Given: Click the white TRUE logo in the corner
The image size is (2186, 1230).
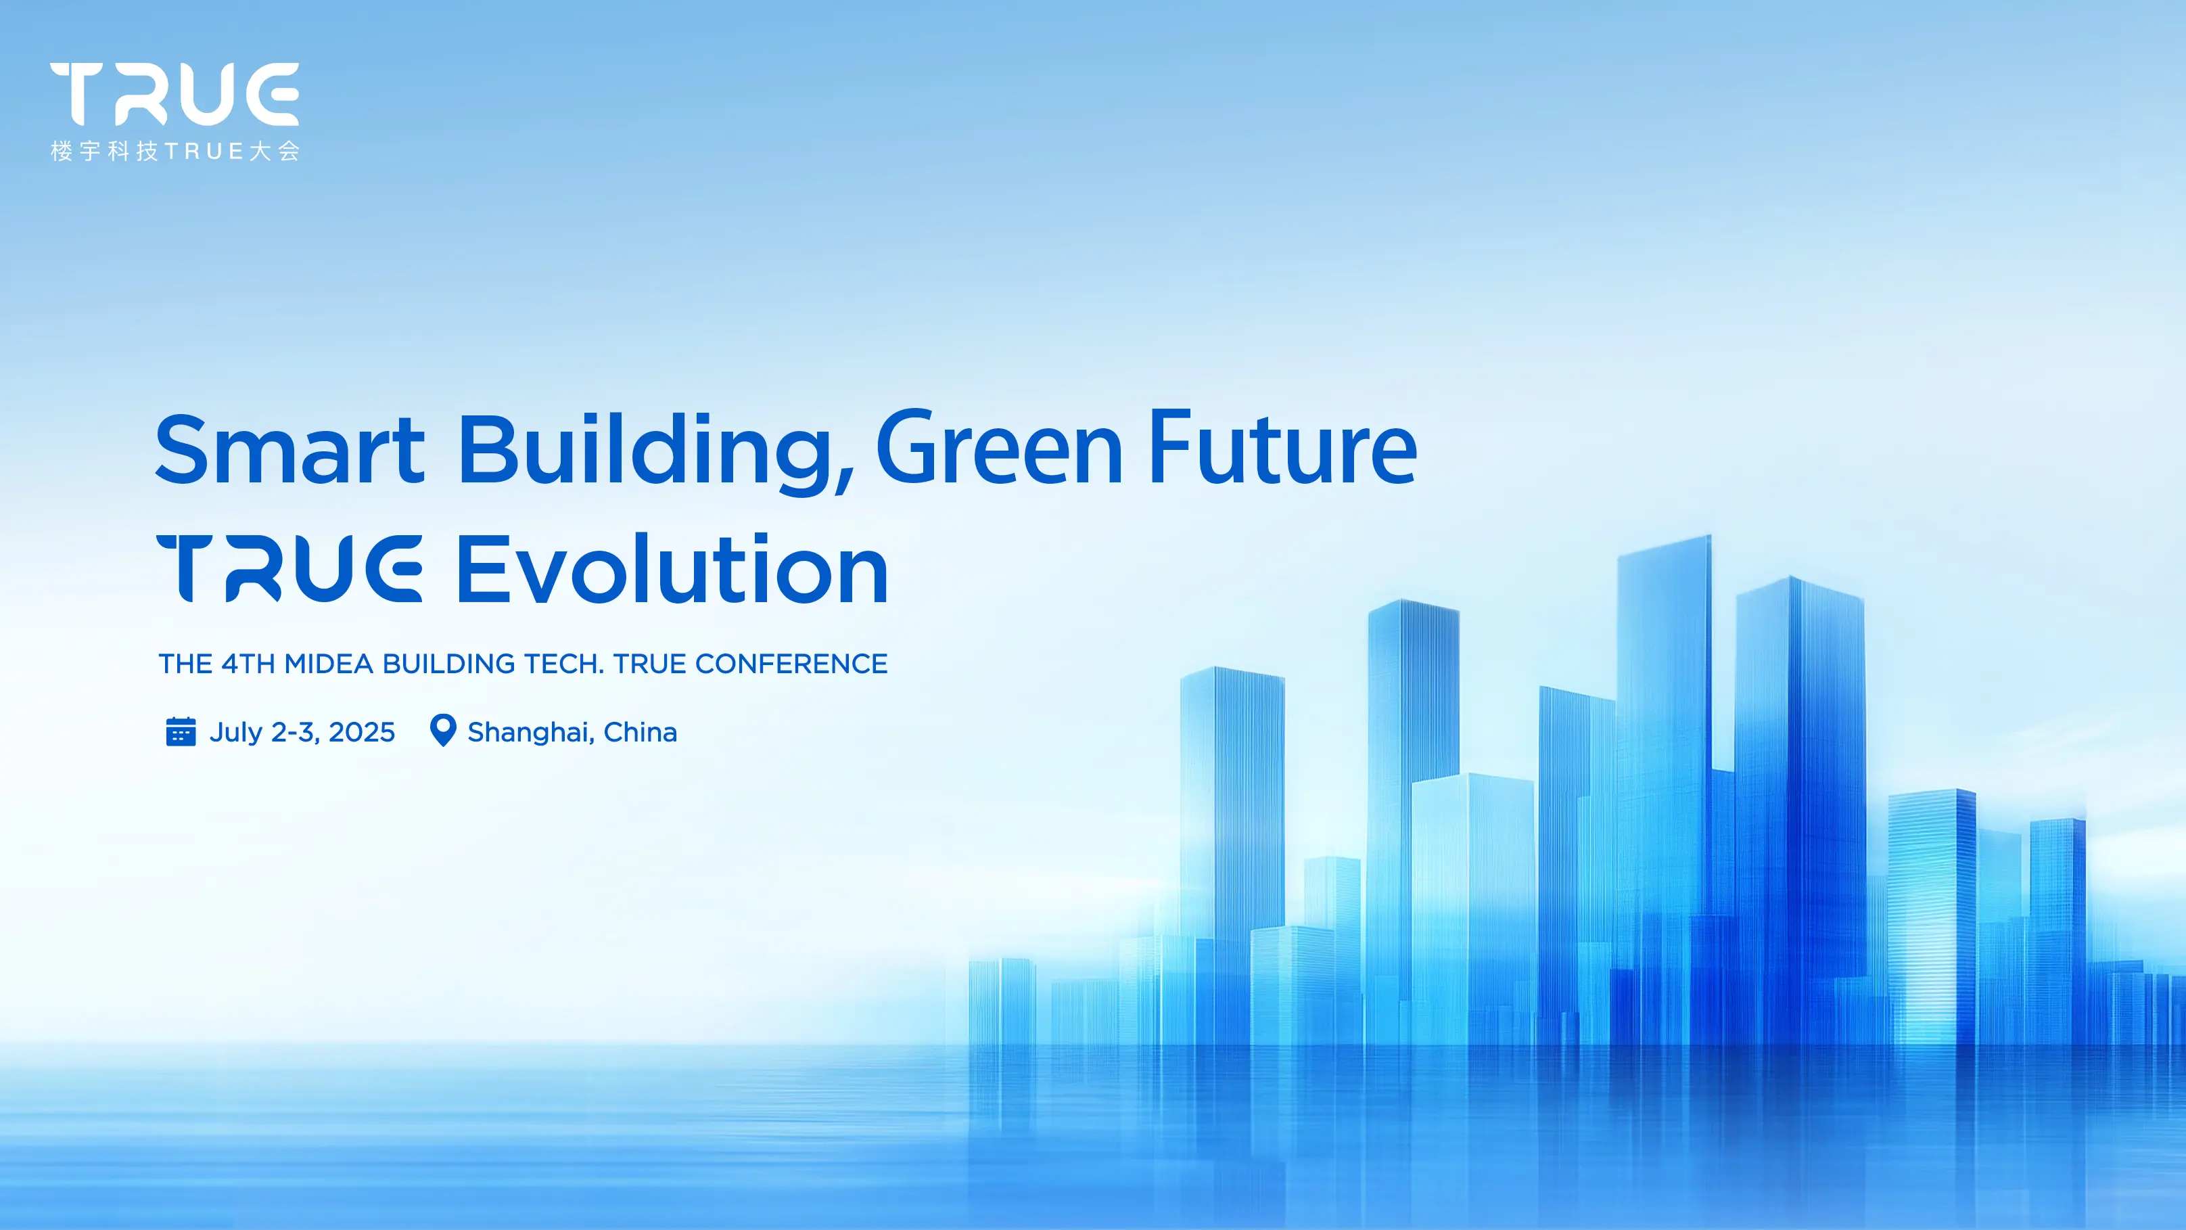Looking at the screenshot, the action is click(175, 93).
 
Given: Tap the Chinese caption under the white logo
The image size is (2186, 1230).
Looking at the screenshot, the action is click(175, 151).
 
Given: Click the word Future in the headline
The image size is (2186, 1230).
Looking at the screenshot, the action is click(1282, 447).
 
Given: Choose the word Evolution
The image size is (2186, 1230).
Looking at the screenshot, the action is click(673, 569).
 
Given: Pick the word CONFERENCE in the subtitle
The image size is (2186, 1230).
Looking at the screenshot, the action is click(791, 664).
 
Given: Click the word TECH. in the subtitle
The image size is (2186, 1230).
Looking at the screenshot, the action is click(564, 664).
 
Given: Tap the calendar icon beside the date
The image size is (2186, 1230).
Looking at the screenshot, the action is click(181, 731).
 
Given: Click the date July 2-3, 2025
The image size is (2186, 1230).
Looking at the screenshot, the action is click(302, 733).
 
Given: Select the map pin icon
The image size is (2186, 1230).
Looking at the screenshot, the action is click(443, 730).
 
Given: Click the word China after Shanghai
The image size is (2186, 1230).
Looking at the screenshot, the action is click(640, 732).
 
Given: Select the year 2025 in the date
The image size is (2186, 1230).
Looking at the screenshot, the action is click(361, 732).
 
